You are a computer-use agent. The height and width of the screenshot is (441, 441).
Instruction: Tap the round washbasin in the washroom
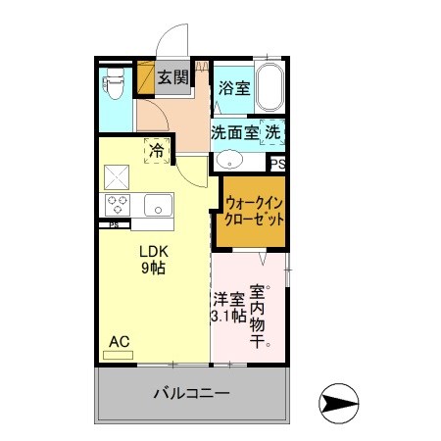pyautogui.click(x=231, y=161)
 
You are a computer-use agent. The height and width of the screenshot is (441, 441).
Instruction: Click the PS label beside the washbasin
pyautogui.click(x=277, y=165)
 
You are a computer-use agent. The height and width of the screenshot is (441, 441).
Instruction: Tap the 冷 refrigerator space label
pyautogui.click(x=156, y=151)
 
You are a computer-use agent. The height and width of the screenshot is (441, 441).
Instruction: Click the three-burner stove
pyautogui.click(x=120, y=206)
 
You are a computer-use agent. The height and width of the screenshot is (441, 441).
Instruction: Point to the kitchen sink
pyautogui.click(x=156, y=206)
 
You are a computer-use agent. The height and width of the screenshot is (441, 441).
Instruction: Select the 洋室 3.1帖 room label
pyautogui.click(x=226, y=308)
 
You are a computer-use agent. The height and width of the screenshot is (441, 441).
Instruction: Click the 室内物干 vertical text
pyautogui.click(x=260, y=315)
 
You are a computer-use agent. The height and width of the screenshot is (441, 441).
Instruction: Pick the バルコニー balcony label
pyautogui.click(x=191, y=395)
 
